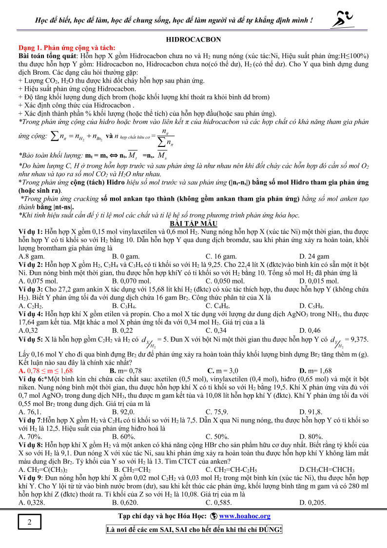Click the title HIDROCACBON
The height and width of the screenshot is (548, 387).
(x=193, y=40)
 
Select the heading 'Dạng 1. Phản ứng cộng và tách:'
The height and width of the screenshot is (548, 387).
(x=67, y=48)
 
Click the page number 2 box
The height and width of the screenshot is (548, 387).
(x=30, y=523)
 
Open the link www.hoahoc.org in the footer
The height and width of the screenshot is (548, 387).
(x=245, y=516)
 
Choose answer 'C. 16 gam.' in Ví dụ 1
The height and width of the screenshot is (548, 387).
(x=222, y=256)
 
